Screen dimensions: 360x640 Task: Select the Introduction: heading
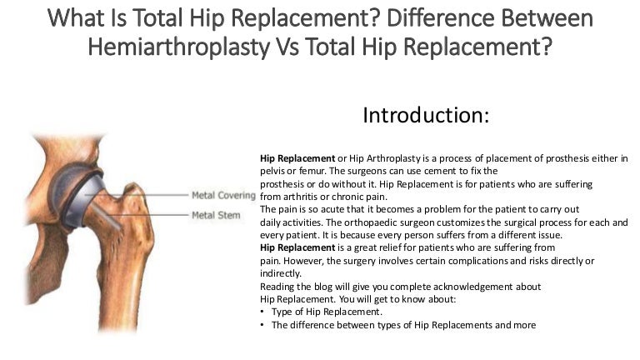425,115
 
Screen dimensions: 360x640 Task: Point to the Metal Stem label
216,216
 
